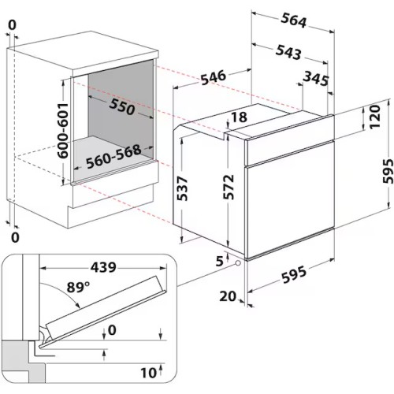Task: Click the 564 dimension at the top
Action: (294, 20)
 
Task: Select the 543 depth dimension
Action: (288, 52)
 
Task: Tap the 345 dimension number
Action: (316, 78)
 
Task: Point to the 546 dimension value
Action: (214, 77)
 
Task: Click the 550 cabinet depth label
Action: (122, 107)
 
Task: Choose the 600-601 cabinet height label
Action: (63, 131)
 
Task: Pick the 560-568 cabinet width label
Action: (113, 157)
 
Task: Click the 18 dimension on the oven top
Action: (239, 117)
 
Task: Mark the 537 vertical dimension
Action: (182, 188)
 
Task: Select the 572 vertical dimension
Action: (229, 187)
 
